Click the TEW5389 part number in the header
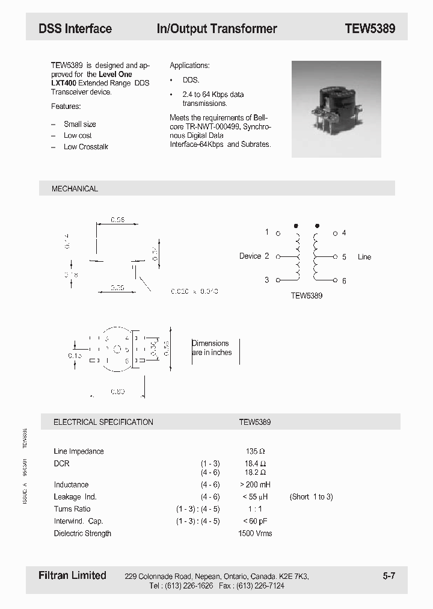[370, 28]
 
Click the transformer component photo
[336, 109]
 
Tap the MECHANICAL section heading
[75, 188]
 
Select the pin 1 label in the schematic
[267, 232]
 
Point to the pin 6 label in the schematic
[344, 280]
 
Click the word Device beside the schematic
[250, 256]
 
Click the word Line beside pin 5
[364, 257]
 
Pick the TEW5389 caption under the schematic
[307, 295]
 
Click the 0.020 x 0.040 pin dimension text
[194, 291]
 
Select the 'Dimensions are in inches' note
[212, 348]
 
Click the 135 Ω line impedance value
[255, 451]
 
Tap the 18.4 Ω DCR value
[255, 463]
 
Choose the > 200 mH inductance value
[255, 485]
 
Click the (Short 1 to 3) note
[311, 497]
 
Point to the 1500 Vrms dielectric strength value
[255, 534]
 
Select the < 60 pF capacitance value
[255, 521]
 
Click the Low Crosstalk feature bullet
[86, 147]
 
